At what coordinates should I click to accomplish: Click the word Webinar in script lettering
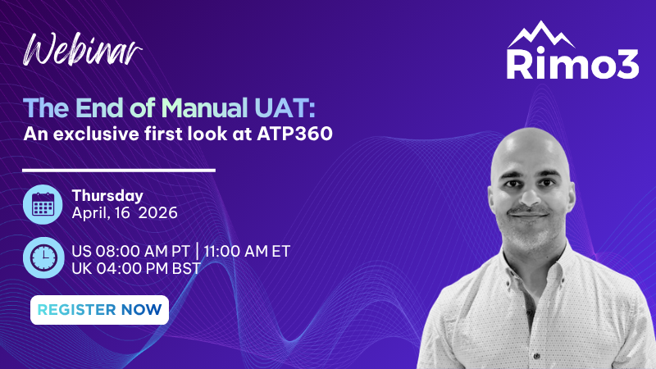pos(83,51)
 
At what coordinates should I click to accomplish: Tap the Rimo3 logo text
pos(572,64)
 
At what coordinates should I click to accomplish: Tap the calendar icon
pos(42,204)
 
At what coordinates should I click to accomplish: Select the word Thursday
pos(107,196)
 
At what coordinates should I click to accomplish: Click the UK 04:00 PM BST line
pos(136,268)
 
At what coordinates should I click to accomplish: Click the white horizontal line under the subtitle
pos(120,171)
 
